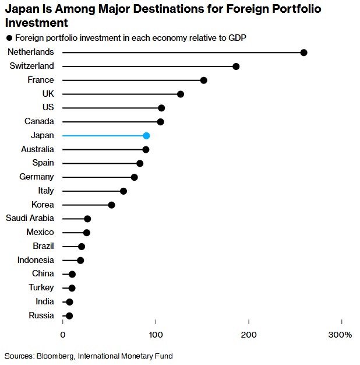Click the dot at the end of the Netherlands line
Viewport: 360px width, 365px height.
(303, 52)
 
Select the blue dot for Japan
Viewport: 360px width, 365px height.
(146, 136)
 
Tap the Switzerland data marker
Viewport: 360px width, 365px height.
(236, 66)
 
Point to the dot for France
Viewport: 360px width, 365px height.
(203, 80)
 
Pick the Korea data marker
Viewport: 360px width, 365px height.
(111, 205)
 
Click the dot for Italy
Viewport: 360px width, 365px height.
(123, 191)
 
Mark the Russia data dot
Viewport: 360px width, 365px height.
(69, 316)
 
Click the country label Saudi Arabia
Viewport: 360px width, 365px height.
(30, 218)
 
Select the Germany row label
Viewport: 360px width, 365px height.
(36, 177)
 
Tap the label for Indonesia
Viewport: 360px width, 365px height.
(36, 260)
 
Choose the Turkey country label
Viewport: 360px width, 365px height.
(41, 287)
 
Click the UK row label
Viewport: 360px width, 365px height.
(48, 94)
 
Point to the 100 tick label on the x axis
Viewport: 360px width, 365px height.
(156, 335)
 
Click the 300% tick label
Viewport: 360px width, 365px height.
(340, 335)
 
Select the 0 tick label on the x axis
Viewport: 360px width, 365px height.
(63, 335)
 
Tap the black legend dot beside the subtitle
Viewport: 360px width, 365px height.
(9, 38)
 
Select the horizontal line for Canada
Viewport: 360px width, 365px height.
(111, 122)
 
